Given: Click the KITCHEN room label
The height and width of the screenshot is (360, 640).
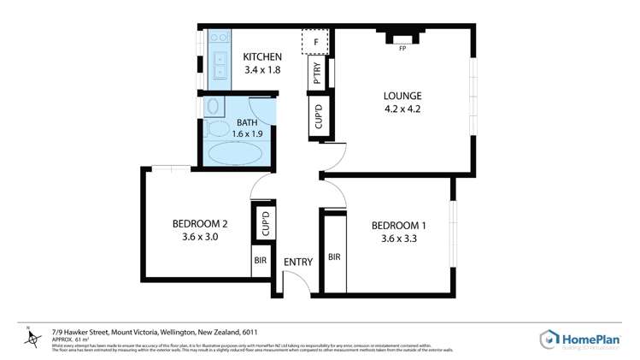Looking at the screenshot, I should coord(261,57).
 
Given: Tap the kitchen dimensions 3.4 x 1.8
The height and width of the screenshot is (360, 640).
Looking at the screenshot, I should coord(261,70).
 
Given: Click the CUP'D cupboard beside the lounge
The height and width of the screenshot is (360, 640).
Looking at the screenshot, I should coord(317,116).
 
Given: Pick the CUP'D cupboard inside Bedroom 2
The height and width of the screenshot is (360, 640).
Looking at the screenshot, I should coord(265,224).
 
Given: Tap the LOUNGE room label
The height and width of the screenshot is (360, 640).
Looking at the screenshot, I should coord(402,95).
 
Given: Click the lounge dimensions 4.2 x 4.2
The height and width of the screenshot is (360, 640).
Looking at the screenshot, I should coord(402,109).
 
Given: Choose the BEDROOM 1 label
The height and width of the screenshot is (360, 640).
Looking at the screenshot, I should coord(398,226).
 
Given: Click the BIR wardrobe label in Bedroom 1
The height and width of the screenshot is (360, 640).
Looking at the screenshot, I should coord(334,257).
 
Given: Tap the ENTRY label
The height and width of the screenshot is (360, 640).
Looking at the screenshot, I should coord(298,262).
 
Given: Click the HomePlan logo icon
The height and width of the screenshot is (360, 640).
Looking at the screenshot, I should coord(549,339).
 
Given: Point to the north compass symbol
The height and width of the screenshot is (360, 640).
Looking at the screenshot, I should coord(32,338).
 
